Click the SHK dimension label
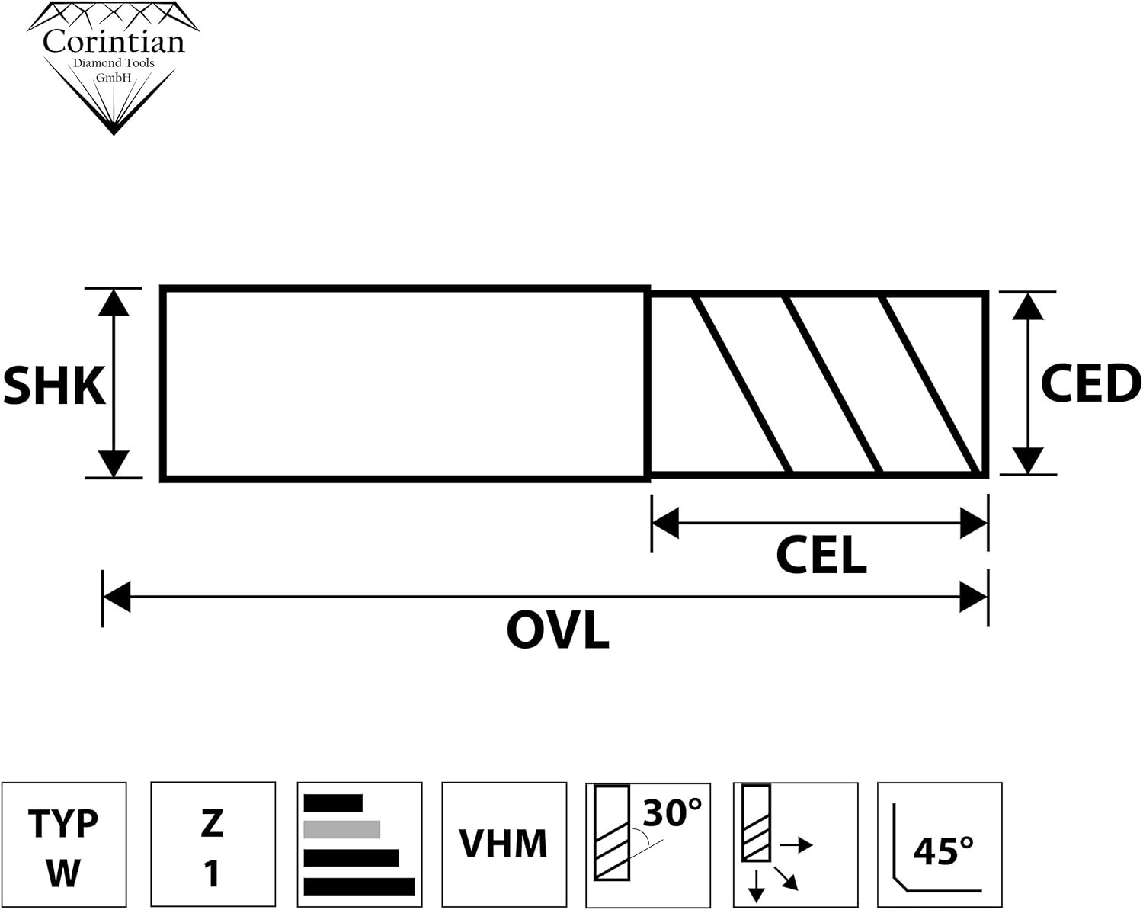[x=53, y=385]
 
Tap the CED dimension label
[x=1090, y=383]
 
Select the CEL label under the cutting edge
[x=821, y=556]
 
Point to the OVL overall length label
[x=558, y=631]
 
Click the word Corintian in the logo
[x=114, y=41]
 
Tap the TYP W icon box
[x=64, y=844]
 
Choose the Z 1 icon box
[x=213, y=844]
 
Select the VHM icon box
[x=504, y=844]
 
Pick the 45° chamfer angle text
[x=943, y=851]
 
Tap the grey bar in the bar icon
[x=341, y=829]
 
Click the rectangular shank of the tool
[x=405, y=383]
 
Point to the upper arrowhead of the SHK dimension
[x=114, y=303]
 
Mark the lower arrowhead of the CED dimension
[x=1028, y=460]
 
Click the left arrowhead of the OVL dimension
[x=116, y=597]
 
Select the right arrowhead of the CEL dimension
[x=975, y=524]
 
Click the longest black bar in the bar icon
[x=359, y=886]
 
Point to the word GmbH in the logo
[x=114, y=79]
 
